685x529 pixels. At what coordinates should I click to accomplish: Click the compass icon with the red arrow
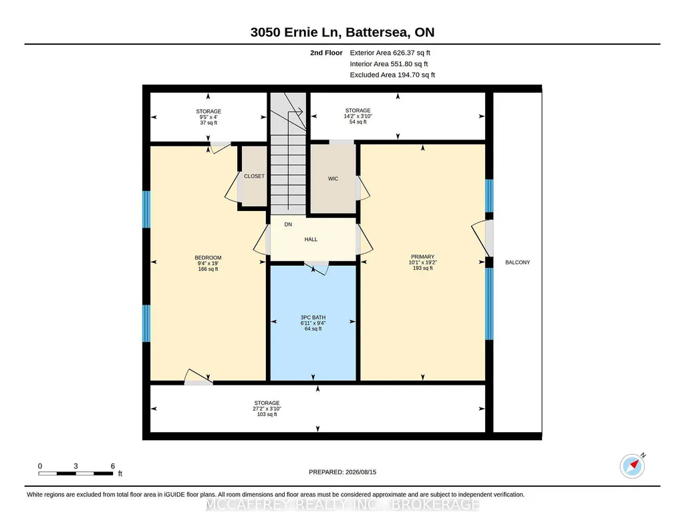pyautogui.click(x=632, y=466)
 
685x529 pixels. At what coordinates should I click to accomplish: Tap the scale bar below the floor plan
pyautogui.click(x=76, y=473)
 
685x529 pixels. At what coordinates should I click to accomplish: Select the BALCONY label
pyautogui.click(x=517, y=262)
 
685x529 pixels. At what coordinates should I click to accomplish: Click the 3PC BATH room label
pyautogui.click(x=313, y=317)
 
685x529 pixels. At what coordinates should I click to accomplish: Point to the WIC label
pyautogui.click(x=333, y=178)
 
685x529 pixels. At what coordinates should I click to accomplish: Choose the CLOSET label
pyautogui.click(x=254, y=176)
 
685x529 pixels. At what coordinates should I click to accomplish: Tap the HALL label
pyautogui.click(x=311, y=239)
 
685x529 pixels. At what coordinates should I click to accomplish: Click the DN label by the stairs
pyautogui.click(x=288, y=224)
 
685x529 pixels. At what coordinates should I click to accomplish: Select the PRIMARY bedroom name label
pyautogui.click(x=422, y=256)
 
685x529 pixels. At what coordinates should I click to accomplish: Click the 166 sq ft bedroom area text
pyautogui.click(x=208, y=269)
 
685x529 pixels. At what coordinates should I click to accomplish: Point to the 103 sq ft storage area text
pyautogui.click(x=267, y=414)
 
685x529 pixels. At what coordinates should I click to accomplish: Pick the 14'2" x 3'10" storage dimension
pyautogui.click(x=358, y=116)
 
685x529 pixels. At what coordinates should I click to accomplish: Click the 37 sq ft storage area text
pyautogui.click(x=209, y=123)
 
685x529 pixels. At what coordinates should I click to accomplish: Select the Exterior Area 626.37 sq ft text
pyautogui.click(x=390, y=53)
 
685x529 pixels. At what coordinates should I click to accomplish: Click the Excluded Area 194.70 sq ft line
pyautogui.click(x=392, y=75)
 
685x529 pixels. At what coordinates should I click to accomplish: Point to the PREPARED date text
pyautogui.click(x=342, y=472)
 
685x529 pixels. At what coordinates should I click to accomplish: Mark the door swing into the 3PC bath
pyautogui.click(x=316, y=268)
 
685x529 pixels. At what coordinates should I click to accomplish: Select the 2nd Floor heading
pyautogui.click(x=326, y=53)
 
